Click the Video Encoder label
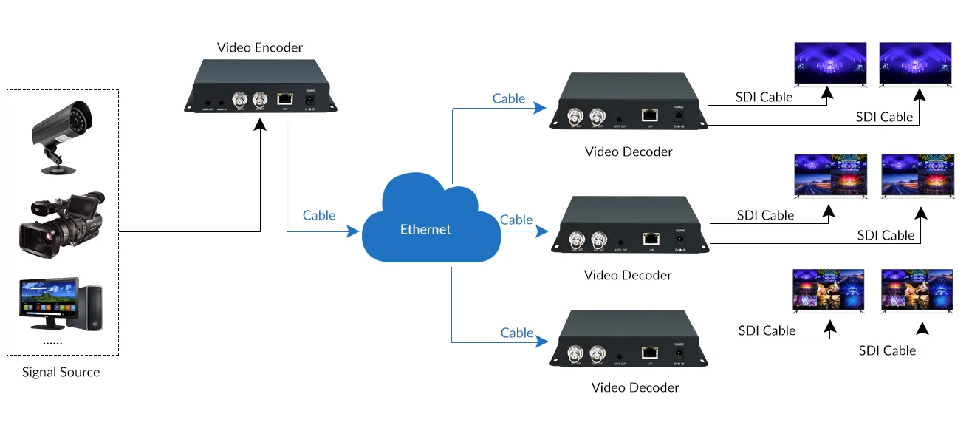(259, 48)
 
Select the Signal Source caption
(61, 372)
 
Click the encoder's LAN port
(285, 98)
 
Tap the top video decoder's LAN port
(650, 115)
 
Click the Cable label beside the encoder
(319, 215)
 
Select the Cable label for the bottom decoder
(517, 333)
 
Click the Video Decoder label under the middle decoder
(628, 275)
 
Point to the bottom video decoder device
(629, 340)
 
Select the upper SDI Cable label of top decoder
(764, 97)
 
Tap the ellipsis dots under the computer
(52, 343)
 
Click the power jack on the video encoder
(310, 99)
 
